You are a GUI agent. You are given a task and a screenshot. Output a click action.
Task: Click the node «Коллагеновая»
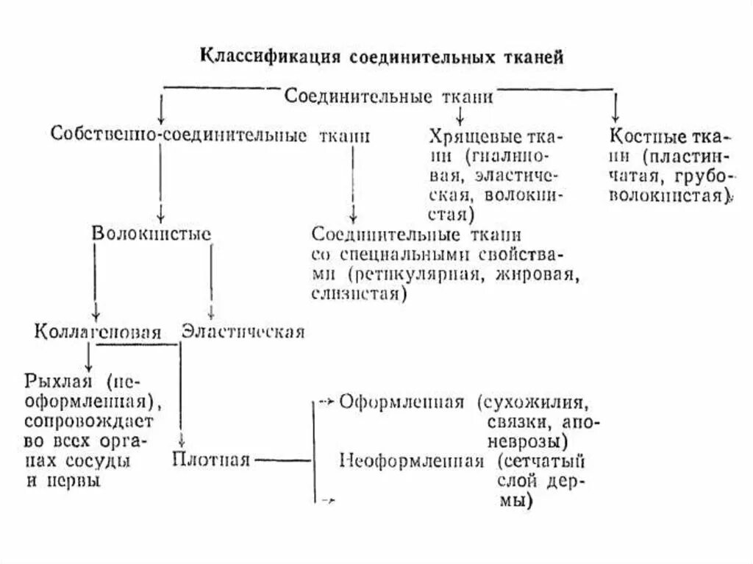coord(97,331)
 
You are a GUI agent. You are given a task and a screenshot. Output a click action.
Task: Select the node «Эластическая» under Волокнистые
coord(243,331)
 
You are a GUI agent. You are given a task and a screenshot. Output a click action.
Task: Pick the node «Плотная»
coord(212,460)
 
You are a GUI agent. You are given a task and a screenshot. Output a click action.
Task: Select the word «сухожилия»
coord(543,402)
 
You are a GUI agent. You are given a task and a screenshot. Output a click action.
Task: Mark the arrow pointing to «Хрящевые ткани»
coord(459,115)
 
